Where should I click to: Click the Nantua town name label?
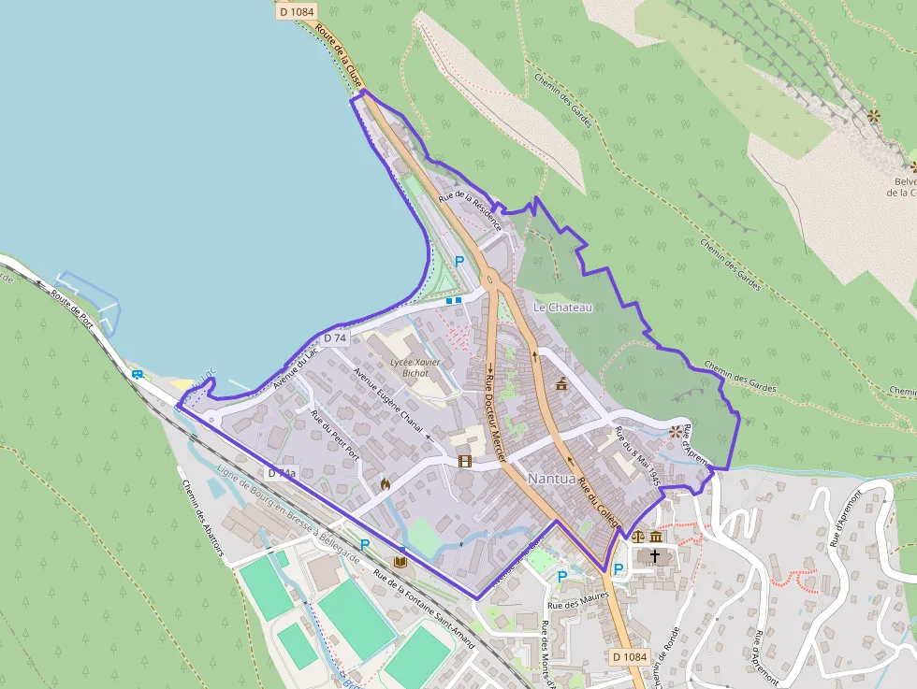551,478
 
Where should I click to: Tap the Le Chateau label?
562,307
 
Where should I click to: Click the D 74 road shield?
335,337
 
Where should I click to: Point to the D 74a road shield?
282,474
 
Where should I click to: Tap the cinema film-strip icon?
465,461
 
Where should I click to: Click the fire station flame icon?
385,484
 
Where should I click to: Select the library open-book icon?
401,561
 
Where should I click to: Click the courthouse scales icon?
638,538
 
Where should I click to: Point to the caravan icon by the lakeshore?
138,375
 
